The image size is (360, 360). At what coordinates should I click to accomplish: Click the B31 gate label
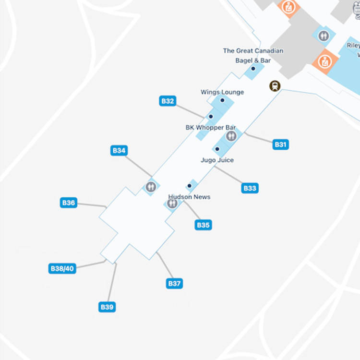pyautogui.click(x=280, y=144)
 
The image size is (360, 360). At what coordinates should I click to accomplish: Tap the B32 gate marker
pyautogui.click(x=168, y=101)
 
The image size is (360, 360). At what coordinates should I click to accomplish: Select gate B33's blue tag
pyautogui.click(x=250, y=188)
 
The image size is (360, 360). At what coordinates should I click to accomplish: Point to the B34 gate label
pyautogui.click(x=119, y=151)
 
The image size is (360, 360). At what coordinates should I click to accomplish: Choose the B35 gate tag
pyautogui.click(x=204, y=225)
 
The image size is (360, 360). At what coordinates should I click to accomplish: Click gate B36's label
pyautogui.click(x=69, y=203)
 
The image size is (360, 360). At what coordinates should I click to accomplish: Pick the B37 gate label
pyautogui.click(x=174, y=283)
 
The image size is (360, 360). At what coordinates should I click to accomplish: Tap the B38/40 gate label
pyautogui.click(x=62, y=268)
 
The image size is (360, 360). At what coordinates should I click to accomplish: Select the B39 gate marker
pyautogui.click(x=107, y=307)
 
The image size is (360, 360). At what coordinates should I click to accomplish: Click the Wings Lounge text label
pyautogui.click(x=222, y=92)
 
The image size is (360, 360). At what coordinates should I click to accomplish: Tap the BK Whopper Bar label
pyautogui.click(x=211, y=128)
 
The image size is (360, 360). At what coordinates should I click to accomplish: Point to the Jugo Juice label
pyautogui.click(x=217, y=160)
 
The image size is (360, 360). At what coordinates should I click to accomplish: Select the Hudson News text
pyautogui.click(x=189, y=197)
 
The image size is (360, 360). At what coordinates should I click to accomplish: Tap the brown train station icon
pyautogui.click(x=275, y=86)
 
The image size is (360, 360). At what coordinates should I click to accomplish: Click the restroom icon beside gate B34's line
pyautogui.click(x=151, y=187)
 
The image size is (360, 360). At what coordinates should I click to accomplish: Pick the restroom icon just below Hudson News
pyautogui.click(x=172, y=204)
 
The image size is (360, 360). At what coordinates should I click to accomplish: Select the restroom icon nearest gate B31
pyautogui.click(x=231, y=136)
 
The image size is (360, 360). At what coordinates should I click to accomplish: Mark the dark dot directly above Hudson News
pyautogui.click(x=190, y=186)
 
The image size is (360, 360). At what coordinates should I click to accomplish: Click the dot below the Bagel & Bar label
pyautogui.click(x=253, y=69)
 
